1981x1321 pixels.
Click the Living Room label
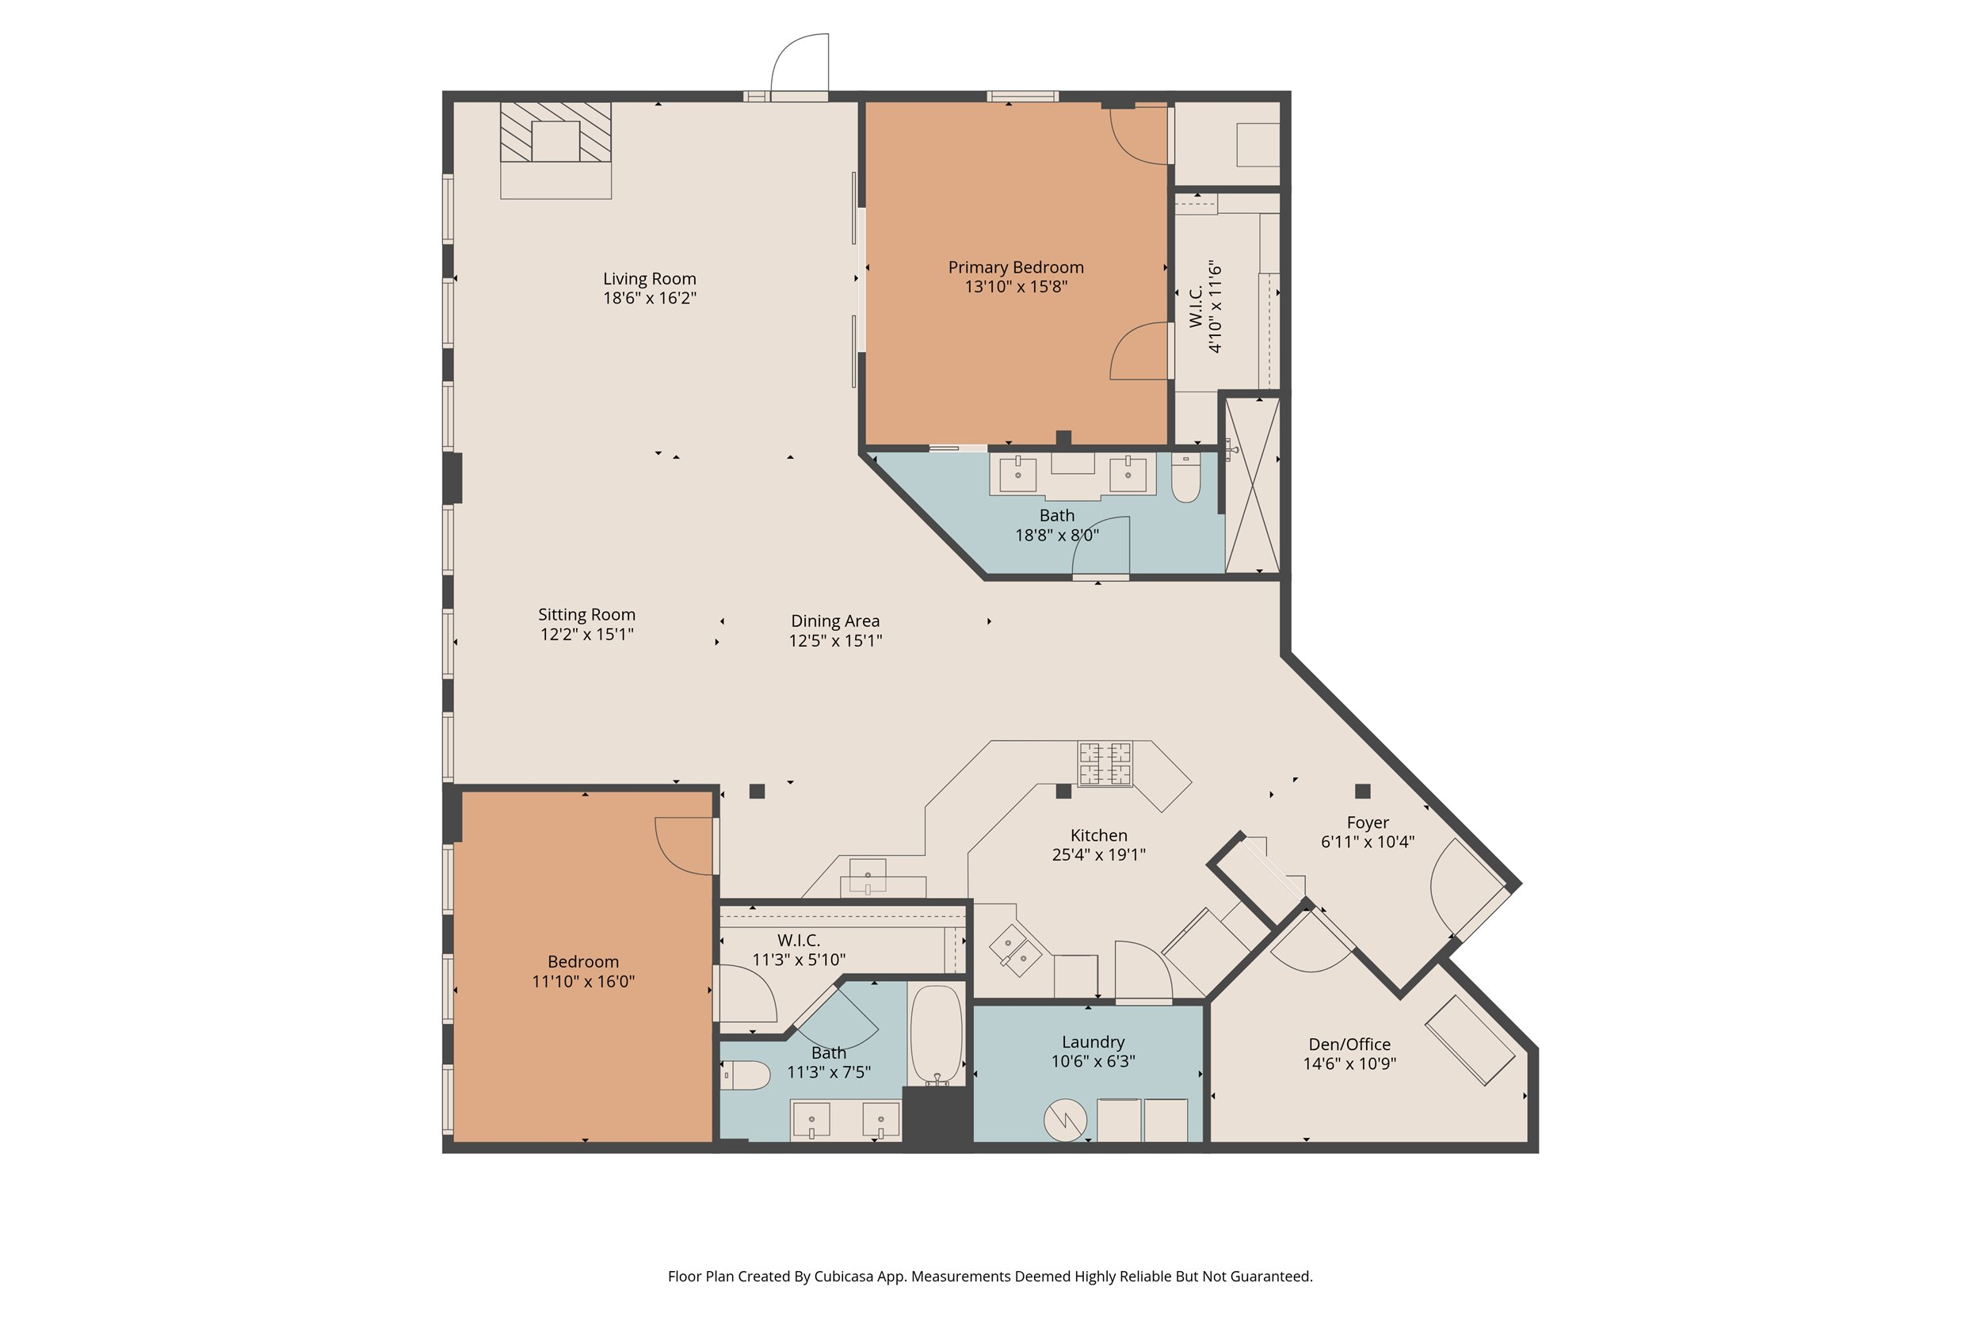pyautogui.click(x=650, y=278)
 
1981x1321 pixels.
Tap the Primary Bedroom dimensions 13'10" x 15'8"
pyautogui.click(x=1016, y=286)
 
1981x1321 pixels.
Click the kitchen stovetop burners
pyautogui.click(x=1105, y=763)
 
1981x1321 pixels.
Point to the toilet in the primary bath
pyautogui.click(x=1185, y=479)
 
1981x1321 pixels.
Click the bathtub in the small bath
pyautogui.click(x=936, y=1036)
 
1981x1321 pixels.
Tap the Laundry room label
pyautogui.click(x=1093, y=1042)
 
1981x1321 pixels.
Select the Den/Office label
pyautogui.click(x=1349, y=1044)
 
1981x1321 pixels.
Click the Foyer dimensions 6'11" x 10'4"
pyautogui.click(x=1367, y=841)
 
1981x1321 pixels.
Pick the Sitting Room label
pyautogui.click(x=586, y=614)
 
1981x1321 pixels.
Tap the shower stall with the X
pyautogui.click(x=1252, y=486)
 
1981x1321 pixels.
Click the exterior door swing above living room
pyautogui.click(x=800, y=63)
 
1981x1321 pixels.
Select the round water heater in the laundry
pyautogui.click(x=1065, y=1121)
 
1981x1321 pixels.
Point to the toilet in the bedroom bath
pyautogui.click(x=746, y=1075)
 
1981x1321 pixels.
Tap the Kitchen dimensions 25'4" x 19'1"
pyautogui.click(x=1098, y=854)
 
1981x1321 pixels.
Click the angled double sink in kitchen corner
pyautogui.click(x=1015, y=950)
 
